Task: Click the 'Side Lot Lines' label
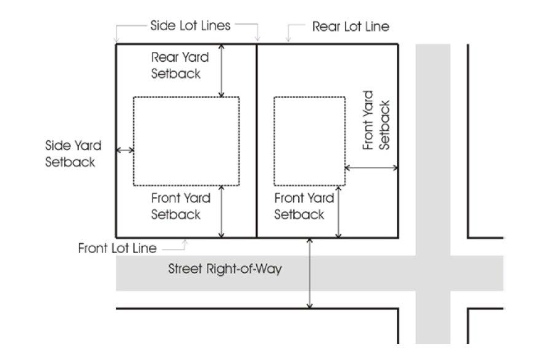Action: point(190,25)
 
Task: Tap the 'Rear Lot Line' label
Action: point(350,27)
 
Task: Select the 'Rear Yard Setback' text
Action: point(180,65)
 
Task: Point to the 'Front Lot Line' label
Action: point(117,248)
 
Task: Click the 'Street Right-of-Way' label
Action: point(225,269)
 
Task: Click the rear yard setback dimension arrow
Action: point(222,70)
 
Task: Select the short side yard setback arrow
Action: point(125,150)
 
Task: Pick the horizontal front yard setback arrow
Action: point(371,167)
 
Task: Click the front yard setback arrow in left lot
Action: point(222,211)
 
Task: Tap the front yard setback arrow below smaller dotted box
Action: point(338,211)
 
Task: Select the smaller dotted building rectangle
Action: point(309,141)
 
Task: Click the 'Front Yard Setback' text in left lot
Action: point(180,206)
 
